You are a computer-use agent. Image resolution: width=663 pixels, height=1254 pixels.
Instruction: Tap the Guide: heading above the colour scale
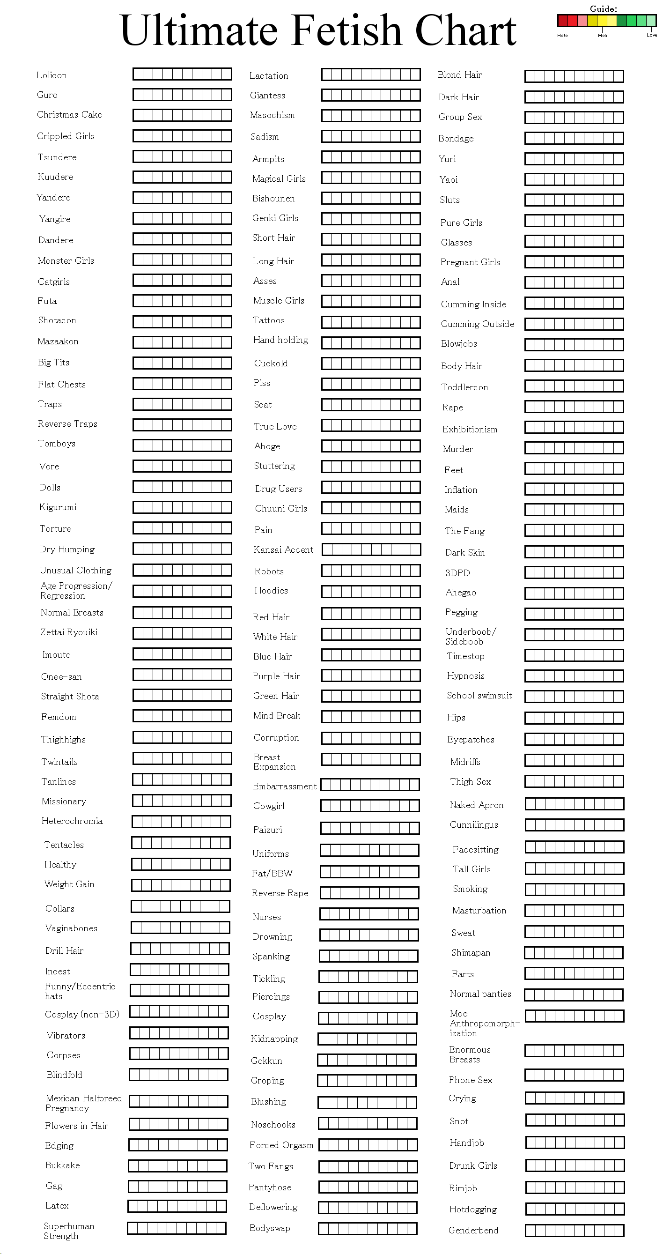click(603, 9)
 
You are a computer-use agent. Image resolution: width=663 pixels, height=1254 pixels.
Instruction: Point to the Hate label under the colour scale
click(562, 36)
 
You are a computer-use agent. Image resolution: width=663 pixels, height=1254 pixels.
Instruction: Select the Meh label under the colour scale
click(602, 36)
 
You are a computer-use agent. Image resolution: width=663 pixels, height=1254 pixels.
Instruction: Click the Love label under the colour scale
click(651, 35)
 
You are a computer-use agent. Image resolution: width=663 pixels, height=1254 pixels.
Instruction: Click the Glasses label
click(456, 243)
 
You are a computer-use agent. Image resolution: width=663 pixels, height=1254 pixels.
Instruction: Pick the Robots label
click(269, 571)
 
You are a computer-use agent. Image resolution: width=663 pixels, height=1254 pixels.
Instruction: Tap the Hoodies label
click(271, 591)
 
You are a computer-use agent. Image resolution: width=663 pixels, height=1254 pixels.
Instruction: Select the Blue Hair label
click(273, 656)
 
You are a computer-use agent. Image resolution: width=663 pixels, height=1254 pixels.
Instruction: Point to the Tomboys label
click(57, 444)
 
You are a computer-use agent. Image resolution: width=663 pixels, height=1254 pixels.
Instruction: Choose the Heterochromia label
click(72, 821)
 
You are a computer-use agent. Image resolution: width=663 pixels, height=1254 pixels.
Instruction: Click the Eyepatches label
click(471, 740)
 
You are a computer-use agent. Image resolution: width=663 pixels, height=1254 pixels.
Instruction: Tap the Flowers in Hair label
click(76, 1126)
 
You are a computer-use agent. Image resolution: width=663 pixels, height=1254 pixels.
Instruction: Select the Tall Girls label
click(471, 869)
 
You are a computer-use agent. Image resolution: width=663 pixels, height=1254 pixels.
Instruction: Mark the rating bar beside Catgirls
click(182, 281)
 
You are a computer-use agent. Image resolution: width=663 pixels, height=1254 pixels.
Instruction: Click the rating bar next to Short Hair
click(371, 239)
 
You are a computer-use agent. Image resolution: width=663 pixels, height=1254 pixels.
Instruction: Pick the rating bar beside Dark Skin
click(574, 551)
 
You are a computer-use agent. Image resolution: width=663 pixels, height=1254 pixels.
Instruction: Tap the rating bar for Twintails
click(182, 758)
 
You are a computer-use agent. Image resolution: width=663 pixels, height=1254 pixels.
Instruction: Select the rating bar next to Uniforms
click(370, 850)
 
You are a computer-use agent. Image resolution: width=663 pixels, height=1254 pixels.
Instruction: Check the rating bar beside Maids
click(574, 510)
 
